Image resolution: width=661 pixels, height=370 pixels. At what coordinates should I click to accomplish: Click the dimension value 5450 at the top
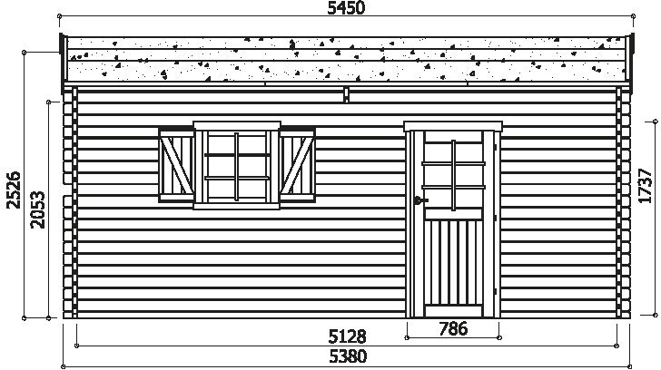click(346, 7)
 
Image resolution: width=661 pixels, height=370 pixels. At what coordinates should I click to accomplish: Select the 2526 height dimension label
click(14, 190)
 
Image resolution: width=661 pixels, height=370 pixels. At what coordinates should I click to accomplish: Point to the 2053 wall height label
click(37, 209)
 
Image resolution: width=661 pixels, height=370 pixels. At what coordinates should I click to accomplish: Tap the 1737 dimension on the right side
click(645, 186)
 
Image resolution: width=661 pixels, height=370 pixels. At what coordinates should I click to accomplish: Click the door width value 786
click(453, 328)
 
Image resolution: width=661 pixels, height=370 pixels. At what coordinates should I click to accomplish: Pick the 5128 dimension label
click(347, 336)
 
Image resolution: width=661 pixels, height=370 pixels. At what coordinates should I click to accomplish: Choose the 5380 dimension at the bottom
click(348, 356)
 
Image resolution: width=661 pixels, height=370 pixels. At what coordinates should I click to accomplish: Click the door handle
click(419, 200)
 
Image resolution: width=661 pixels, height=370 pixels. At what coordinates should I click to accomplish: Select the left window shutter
click(176, 165)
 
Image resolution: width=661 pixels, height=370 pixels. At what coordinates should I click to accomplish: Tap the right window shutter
click(297, 165)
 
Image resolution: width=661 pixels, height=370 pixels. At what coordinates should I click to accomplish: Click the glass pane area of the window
click(237, 167)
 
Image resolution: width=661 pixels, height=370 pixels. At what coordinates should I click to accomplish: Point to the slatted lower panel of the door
click(453, 262)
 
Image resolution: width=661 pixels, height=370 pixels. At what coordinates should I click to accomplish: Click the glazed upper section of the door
click(453, 175)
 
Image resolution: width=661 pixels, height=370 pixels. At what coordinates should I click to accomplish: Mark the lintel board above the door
click(453, 126)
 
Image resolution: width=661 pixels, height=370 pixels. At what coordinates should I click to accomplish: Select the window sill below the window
click(236, 206)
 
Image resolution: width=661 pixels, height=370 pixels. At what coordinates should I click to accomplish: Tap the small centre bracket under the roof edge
click(346, 94)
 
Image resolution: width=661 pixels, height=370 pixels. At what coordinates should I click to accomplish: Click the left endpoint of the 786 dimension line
click(407, 337)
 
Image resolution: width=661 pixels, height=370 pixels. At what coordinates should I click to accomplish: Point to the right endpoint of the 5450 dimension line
click(633, 16)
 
